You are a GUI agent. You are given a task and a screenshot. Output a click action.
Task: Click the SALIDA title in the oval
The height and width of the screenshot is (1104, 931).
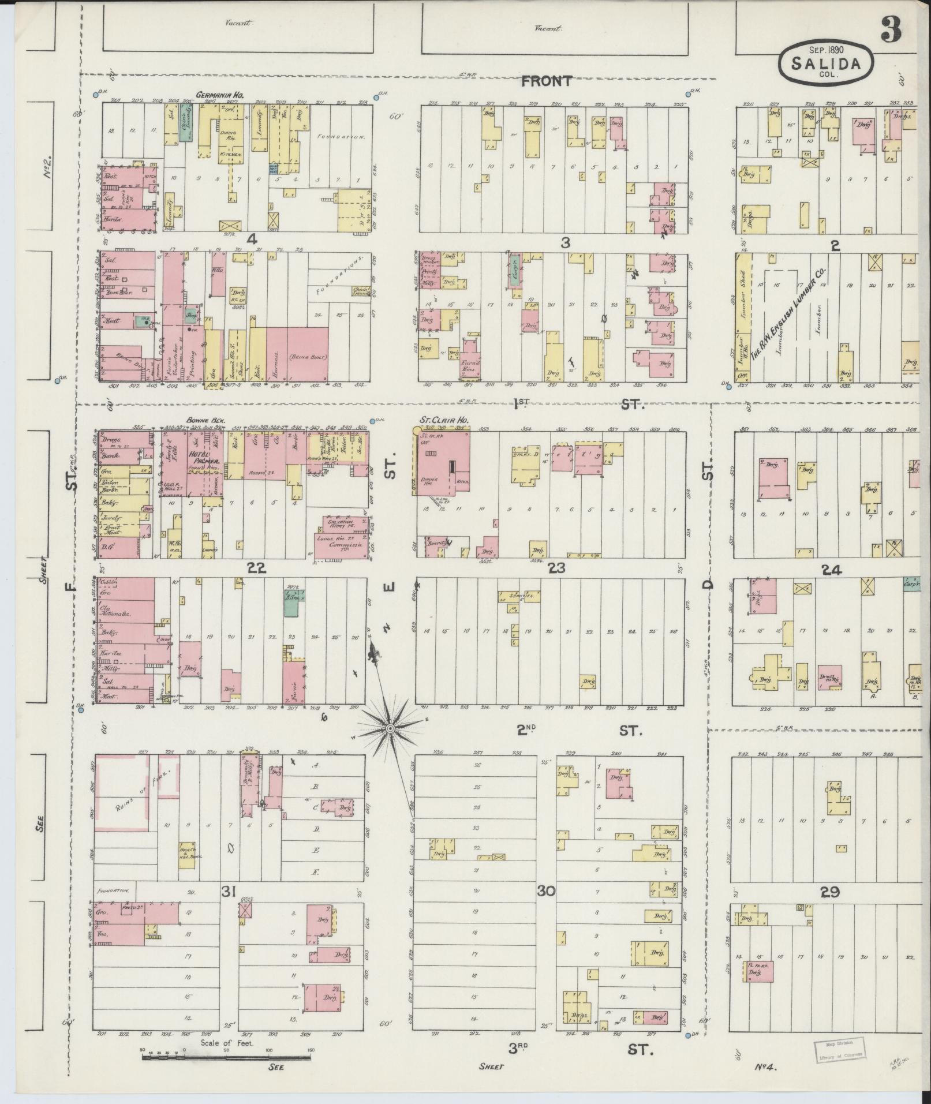(x=827, y=63)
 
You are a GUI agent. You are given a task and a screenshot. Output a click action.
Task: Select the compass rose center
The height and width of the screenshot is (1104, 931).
(x=390, y=729)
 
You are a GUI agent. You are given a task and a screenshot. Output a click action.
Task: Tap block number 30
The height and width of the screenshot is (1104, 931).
(x=545, y=907)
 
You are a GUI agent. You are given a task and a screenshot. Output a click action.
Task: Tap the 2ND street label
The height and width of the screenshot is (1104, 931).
(x=527, y=731)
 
